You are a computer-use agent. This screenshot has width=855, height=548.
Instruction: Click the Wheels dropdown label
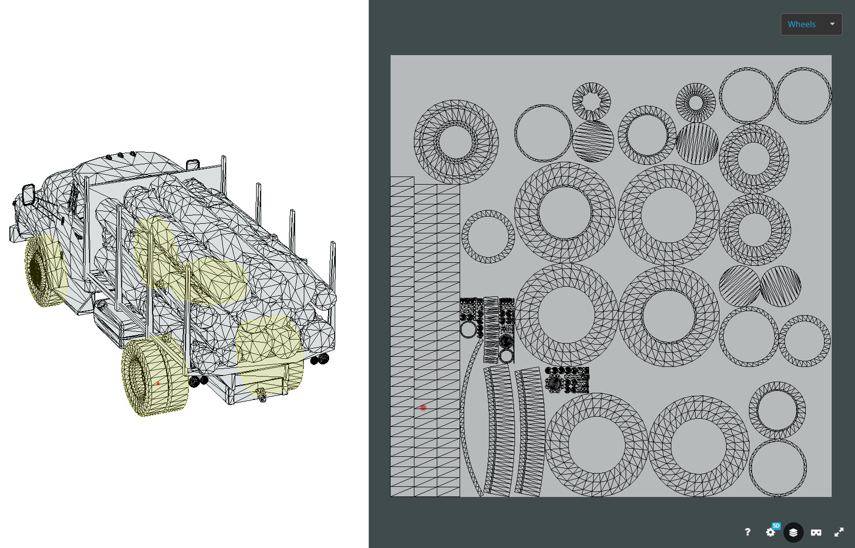pos(801,24)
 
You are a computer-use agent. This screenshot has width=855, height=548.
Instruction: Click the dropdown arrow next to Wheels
pos(832,24)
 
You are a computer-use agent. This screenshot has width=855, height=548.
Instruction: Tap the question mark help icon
pos(747,532)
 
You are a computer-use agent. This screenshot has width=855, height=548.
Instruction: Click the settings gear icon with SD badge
pos(771,532)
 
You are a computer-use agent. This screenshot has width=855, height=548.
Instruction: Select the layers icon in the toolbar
pos(793,532)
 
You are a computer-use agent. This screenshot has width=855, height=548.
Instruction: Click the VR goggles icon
pos(816,532)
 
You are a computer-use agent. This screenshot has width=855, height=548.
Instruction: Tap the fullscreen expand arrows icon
pos(839,532)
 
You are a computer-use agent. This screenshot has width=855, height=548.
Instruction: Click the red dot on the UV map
pos(423,407)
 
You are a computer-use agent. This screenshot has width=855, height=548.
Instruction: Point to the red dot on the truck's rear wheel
pos(158,384)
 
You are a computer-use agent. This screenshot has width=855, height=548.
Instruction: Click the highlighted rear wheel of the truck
pos(152,378)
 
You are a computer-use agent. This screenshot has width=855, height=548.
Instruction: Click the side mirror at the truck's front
pos(28,195)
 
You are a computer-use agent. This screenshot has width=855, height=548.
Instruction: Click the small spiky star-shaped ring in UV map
pos(591,101)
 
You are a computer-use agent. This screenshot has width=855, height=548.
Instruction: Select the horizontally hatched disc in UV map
pos(593,141)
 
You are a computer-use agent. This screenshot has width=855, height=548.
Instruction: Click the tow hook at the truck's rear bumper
pos(262,396)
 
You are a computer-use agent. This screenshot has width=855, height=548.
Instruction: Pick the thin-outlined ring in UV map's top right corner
pos(803,95)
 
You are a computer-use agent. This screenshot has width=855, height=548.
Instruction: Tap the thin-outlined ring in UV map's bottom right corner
pos(777,467)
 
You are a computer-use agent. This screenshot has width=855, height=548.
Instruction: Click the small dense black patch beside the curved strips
pos(567,380)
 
